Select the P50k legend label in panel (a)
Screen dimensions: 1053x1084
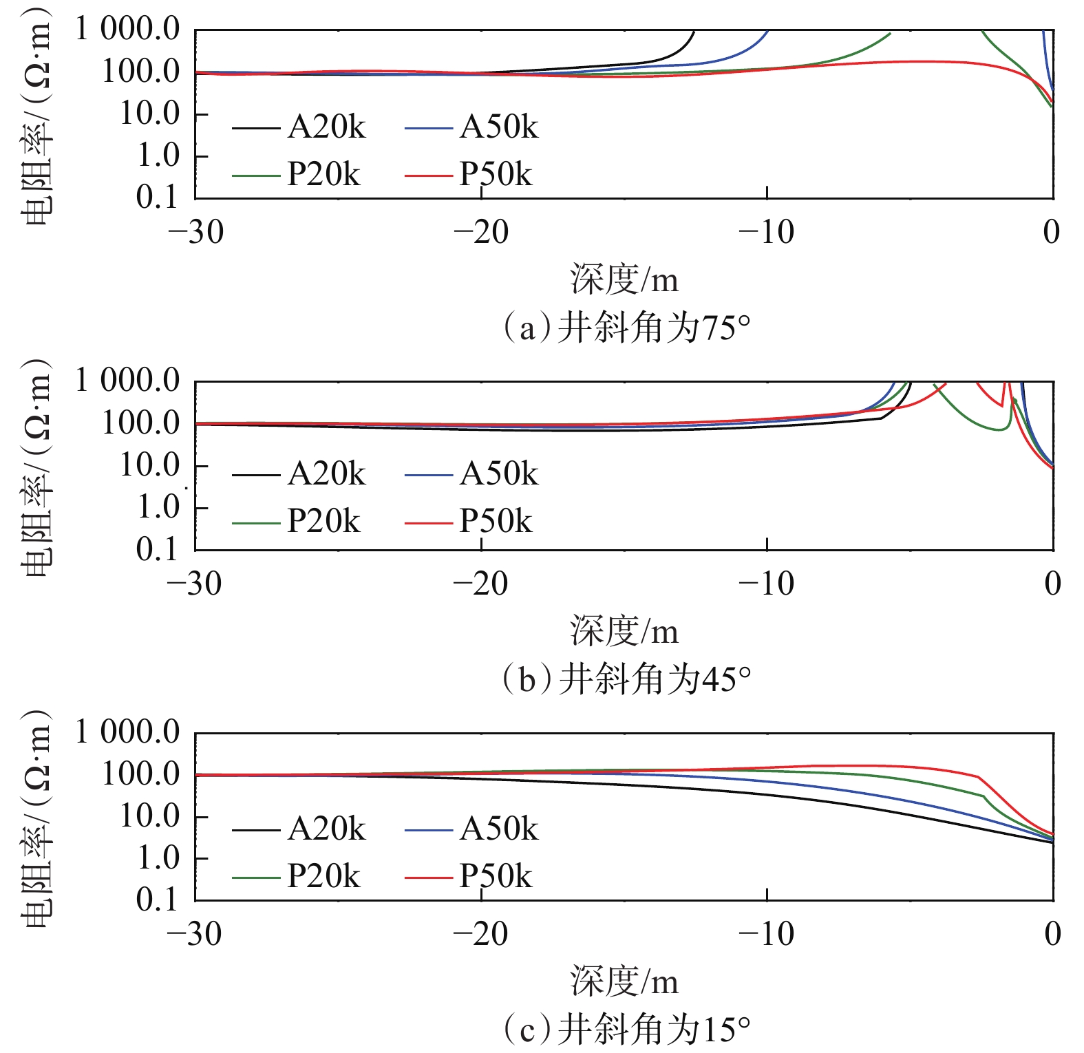496,174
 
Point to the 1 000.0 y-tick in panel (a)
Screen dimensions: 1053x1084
127,29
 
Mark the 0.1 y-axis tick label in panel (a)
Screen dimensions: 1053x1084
158,198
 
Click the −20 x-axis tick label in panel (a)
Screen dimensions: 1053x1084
480,233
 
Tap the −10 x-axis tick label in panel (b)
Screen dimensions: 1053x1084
766,584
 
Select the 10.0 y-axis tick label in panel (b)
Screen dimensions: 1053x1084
149,466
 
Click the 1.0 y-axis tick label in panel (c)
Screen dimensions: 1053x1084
158,858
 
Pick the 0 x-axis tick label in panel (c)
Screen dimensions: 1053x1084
1052,935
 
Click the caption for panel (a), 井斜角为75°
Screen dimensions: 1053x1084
626,328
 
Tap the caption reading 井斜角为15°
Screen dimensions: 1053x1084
626,1030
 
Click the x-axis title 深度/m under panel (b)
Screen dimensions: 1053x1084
624,632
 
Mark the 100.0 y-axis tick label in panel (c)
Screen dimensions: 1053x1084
141,775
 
